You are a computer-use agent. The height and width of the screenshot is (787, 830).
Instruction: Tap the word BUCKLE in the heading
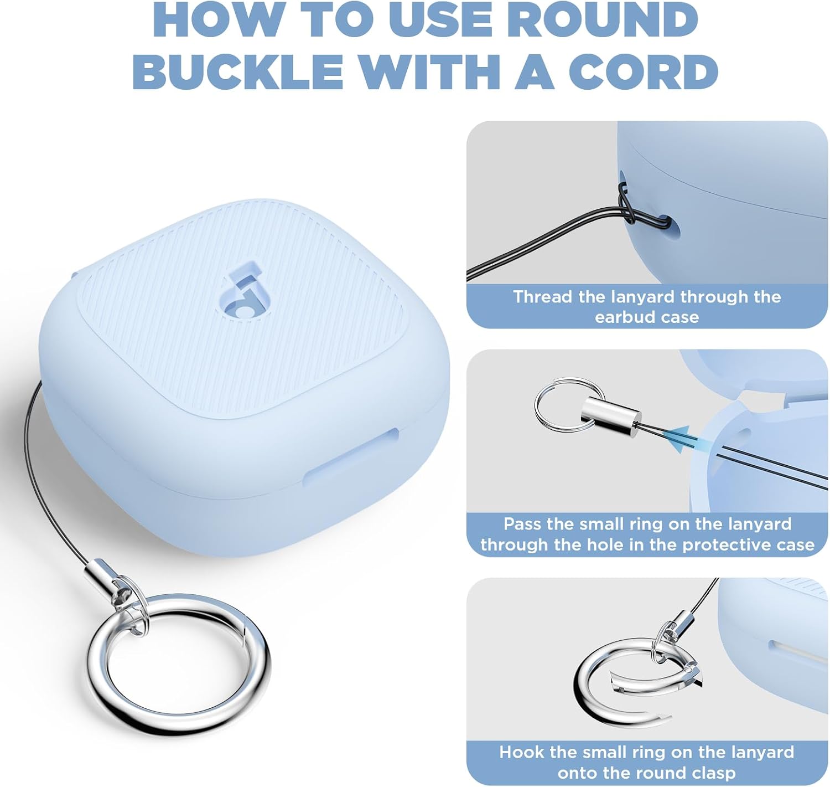pos(238,72)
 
